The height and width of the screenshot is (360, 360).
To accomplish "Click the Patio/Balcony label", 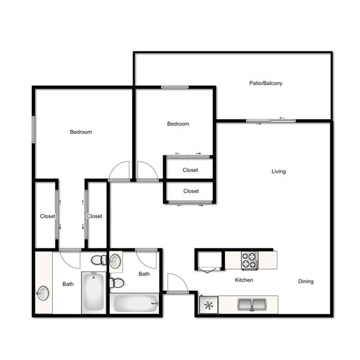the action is point(266,83).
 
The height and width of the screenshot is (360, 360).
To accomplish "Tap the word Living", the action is point(278,172).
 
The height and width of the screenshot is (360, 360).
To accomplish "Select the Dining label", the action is point(305,281).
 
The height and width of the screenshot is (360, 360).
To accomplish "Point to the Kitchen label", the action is point(244,280).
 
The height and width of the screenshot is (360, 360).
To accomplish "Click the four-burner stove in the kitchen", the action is point(250,260).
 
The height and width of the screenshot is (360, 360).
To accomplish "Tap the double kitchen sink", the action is point(252,304).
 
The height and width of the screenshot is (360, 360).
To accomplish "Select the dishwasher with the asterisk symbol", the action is point(208,305).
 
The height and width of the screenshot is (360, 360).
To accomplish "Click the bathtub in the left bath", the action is point(94,293).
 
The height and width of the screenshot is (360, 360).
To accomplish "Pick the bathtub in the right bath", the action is point(134,303).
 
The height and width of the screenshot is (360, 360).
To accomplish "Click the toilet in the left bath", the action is point(99,260).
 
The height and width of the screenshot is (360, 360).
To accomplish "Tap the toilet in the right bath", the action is point(117,283).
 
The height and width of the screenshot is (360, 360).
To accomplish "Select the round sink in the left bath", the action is point(43,293).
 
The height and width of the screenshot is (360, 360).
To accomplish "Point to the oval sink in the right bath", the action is point(115,261).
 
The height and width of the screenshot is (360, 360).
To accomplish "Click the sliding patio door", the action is point(271,121).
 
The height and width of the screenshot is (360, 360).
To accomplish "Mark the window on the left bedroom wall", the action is point(34,130).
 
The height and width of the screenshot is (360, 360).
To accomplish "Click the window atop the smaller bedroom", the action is point(175,87).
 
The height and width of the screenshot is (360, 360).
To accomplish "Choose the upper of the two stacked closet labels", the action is point(190,170).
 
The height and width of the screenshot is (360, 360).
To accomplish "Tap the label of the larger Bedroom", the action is point(81,132).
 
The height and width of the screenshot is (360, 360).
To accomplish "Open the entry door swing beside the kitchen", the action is point(177,283).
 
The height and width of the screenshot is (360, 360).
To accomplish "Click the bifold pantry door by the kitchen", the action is point(208,271).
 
